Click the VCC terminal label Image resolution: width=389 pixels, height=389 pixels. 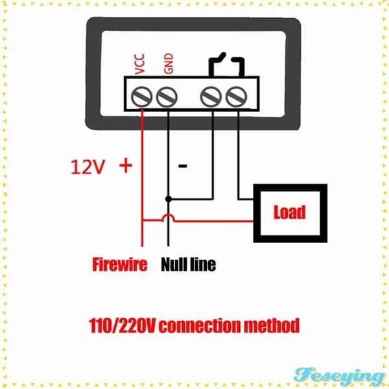point(139,64)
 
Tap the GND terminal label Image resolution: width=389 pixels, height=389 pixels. point(169,64)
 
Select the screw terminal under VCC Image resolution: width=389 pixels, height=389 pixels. point(141,97)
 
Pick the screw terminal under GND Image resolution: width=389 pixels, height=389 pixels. point(167,97)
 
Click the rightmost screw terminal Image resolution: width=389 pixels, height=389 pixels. point(236,97)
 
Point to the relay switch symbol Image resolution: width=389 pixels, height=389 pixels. point(226,64)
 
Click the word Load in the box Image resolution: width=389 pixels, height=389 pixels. point(290,212)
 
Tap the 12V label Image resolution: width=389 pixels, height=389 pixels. point(88,167)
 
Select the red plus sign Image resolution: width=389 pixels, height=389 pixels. point(126,166)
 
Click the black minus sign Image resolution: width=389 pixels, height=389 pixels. point(183,166)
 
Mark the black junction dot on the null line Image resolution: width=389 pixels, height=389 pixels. point(169,199)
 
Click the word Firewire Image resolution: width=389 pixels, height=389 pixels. point(120,265)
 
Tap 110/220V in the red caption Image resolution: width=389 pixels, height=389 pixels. point(122,325)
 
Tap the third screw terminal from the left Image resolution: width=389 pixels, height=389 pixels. point(211,97)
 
